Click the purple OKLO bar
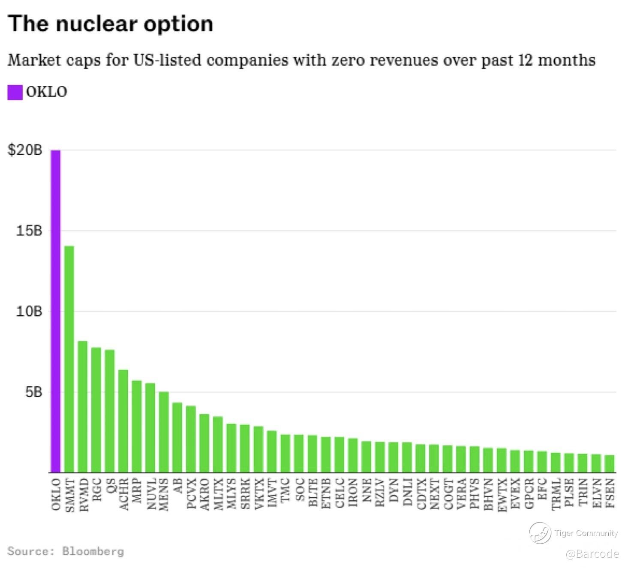[56, 311]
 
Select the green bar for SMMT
[69, 359]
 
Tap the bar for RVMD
[83, 406]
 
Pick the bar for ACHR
[123, 421]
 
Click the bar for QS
[110, 411]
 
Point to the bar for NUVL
[150, 427]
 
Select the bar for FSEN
[610, 463]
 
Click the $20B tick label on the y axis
[25, 150]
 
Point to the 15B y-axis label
[29, 231]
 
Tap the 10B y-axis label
[29, 311]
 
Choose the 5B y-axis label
[33, 392]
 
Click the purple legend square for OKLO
[15, 92]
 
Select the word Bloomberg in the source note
[93, 551]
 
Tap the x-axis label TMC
[285, 490]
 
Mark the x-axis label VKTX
[258, 494]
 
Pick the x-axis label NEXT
[435, 494]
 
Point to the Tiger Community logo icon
[540, 533]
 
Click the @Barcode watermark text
[592, 554]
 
